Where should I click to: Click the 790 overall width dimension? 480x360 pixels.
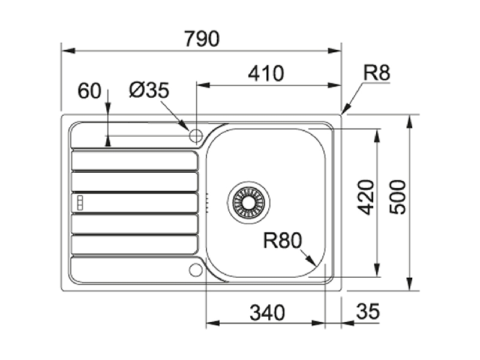(x=202, y=38)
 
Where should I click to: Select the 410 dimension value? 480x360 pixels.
(x=266, y=73)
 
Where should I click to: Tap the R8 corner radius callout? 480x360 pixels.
(x=377, y=73)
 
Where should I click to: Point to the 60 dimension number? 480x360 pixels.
(x=89, y=91)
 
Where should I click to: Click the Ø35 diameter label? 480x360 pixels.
(x=149, y=91)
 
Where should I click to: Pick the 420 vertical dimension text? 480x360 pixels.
(x=366, y=197)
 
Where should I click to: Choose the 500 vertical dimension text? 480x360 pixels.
(x=398, y=197)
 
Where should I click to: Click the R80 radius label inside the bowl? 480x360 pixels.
(x=282, y=241)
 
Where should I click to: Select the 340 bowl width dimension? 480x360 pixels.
(x=267, y=313)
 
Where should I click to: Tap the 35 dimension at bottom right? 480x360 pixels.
(x=368, y=311)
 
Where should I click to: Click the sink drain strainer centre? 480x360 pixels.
(x=249, y=202)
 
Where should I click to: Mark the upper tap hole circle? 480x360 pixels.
(x=196, y=135)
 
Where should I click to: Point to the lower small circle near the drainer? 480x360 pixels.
(x=196, y=269)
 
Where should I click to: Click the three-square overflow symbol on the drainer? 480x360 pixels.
(x=80, y=203)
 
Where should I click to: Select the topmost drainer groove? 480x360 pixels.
(x=134, y=160)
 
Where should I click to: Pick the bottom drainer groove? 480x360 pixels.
(x=134, y=245)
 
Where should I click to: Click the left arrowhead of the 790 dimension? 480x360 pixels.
(x=68, y=50)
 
